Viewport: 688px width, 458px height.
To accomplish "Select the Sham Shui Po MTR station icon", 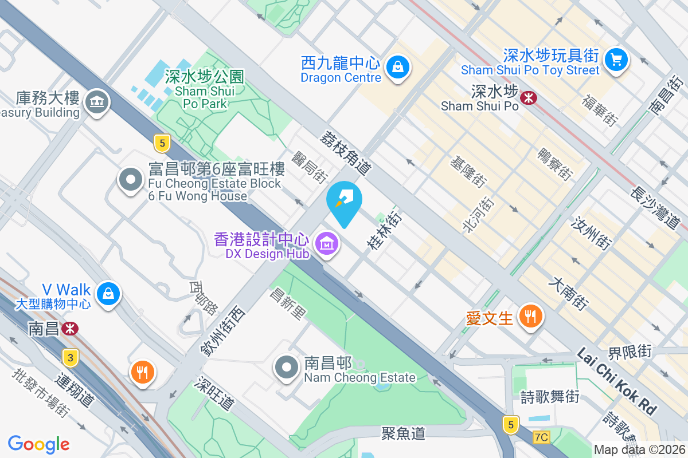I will [x=528, y=98].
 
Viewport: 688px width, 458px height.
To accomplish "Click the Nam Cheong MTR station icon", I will [x=71, y=329].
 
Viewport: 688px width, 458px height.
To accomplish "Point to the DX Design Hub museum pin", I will [x=327, y=244].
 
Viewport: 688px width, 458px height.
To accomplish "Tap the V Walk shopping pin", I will [x=108, y=294].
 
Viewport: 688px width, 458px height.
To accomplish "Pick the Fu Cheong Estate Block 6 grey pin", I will [x=130, y=180].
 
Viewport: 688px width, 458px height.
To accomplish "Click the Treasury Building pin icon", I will [x=96, y=102].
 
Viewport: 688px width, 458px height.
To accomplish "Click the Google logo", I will [x=38, y=444].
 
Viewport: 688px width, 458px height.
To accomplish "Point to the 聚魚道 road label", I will [x=403, y=433].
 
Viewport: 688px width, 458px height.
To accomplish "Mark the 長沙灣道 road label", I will [x=655, y=208].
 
